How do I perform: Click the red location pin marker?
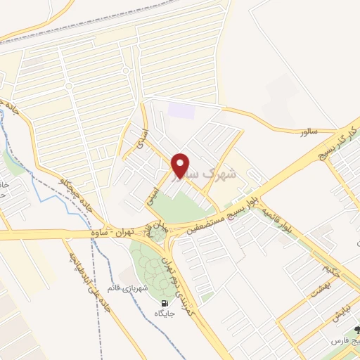[181, 165]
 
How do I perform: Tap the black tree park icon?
[356, 330]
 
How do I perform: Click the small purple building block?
[182, 110]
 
